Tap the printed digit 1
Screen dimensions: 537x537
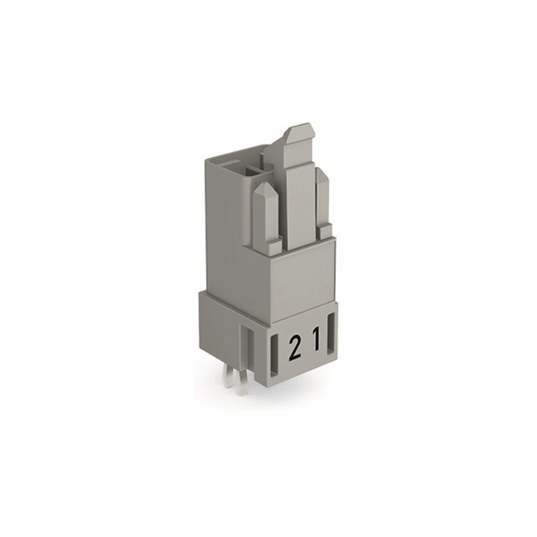317,339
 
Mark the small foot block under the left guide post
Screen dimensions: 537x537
275,246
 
